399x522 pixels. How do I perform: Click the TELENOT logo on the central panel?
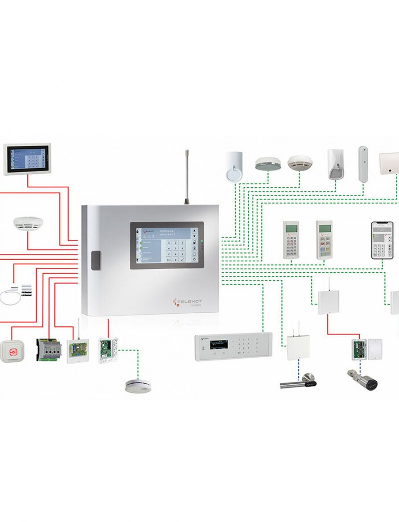tap(188, 301)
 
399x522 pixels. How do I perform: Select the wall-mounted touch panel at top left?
tap(27, 159)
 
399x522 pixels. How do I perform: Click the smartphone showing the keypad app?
tap(382, 240)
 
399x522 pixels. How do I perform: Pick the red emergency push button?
tap(12, 351)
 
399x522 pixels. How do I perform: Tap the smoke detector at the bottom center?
tap(137, 385)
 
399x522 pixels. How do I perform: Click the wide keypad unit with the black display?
tap(233, 346)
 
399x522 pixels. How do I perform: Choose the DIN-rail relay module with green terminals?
tap(49, 350)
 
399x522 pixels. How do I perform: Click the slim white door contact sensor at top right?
tap(363, 164)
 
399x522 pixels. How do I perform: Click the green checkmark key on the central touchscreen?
tap(182, 259)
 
